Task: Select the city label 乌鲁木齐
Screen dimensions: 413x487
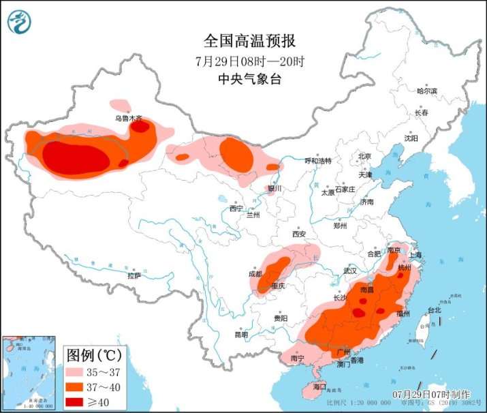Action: pyautogui.click(x=129, y=118)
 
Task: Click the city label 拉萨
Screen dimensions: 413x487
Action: pyautogui.click(x=133, y=275)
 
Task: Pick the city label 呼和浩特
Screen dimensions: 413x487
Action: pyautogui.click(x=317, y=161)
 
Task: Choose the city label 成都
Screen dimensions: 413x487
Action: pyautogui.click(x=255, y=274)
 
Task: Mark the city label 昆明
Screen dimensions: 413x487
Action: pyautogui.click(x=242, y=335)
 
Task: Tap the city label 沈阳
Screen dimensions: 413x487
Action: pyautogui.click(x=411, y=138)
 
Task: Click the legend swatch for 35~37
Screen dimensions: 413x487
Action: pyautogui.click(x=78, y=373)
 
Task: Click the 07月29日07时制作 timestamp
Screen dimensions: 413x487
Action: pyautogui.click(x=431, y=394)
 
